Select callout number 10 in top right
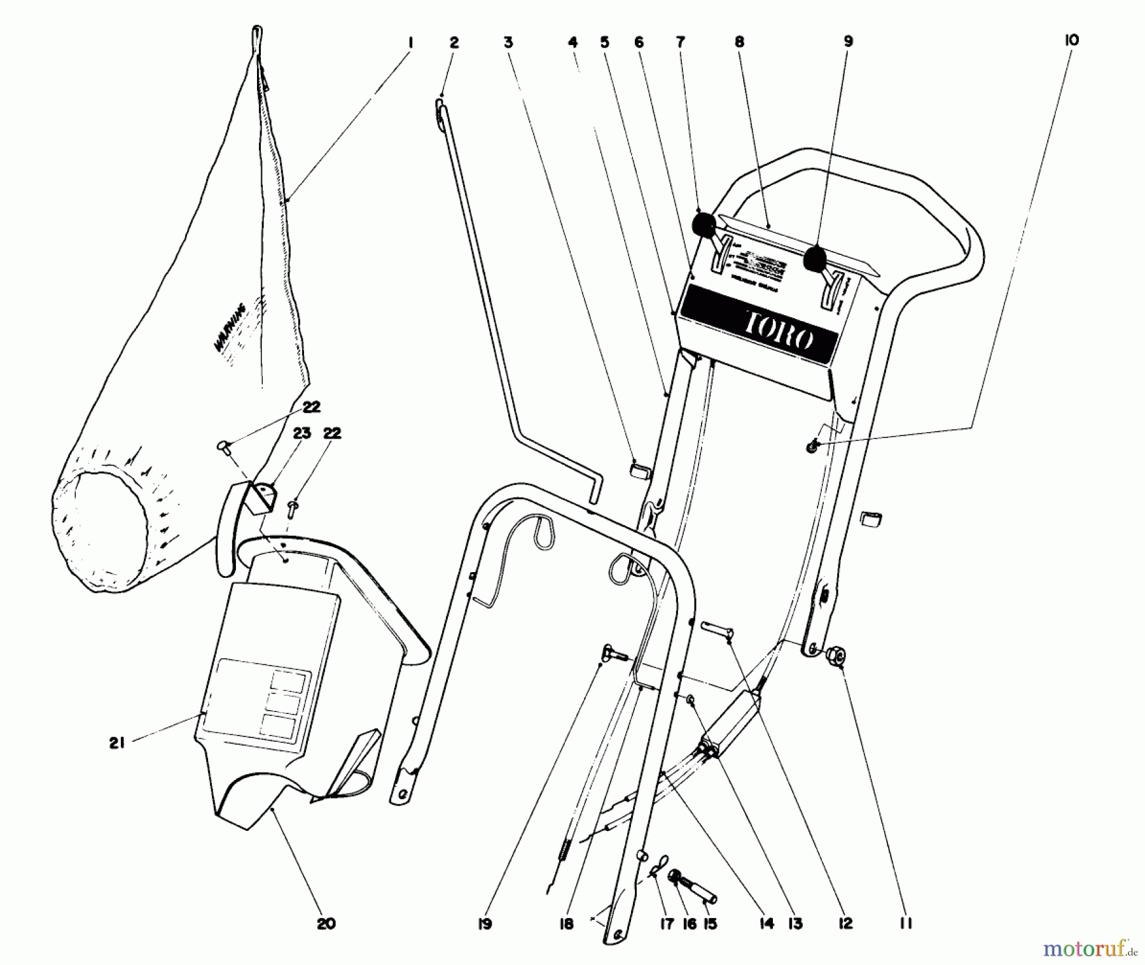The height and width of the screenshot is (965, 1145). click(x=1071, y=40)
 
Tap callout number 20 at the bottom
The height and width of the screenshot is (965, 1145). click(x=326, y=923)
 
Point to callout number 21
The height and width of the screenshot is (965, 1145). click(x=116, y=743)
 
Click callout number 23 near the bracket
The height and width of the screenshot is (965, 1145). click(x=302, y=434)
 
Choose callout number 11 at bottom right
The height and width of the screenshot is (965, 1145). click(x=906, y=923)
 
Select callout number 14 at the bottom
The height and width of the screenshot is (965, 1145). click(x=767, y=923)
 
